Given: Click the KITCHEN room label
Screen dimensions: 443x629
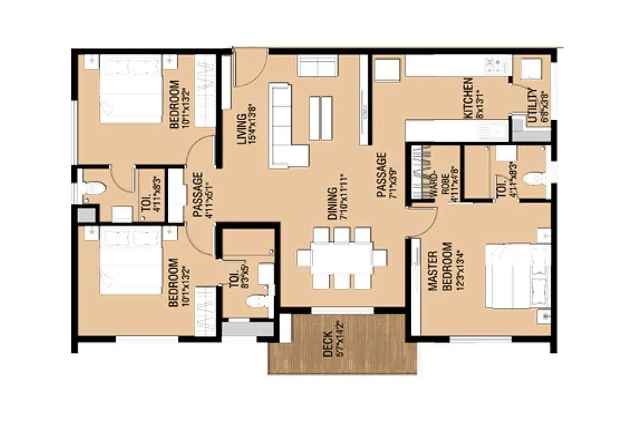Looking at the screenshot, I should [x=472, y=98].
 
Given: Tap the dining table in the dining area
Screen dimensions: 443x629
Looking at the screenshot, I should [x=342, y=258].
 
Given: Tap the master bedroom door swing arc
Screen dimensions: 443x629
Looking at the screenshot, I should [x=423, y=223].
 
